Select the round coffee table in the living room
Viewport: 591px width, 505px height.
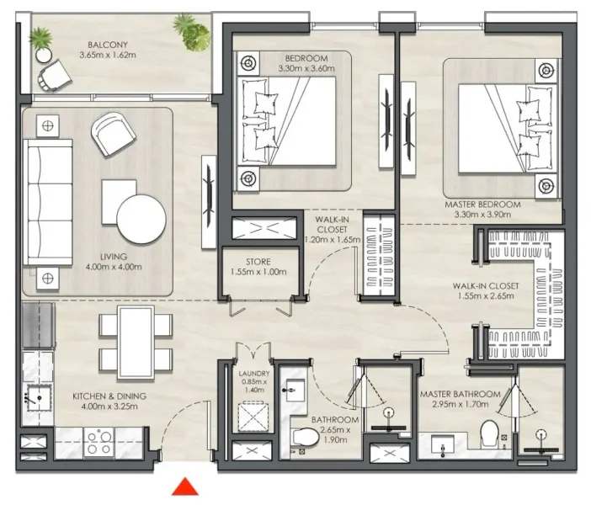tap(141, 218)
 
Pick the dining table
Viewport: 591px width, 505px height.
tap(136, 341)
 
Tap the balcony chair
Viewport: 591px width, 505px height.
tap(54, 74)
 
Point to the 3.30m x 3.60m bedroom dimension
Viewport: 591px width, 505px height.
tap(305, 70)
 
